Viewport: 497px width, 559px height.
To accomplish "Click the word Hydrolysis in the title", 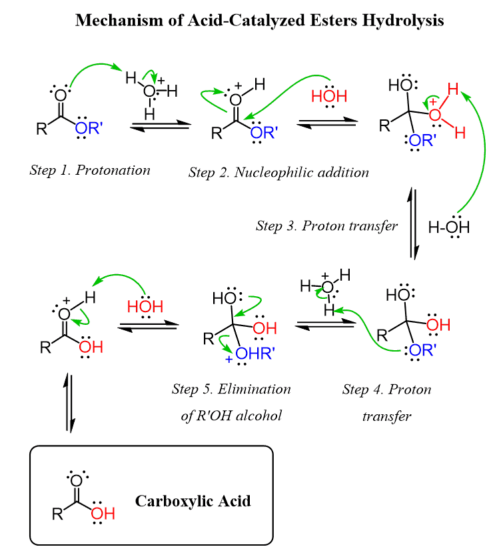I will pos(402,20).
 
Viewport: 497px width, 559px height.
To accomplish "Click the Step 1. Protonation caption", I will pos(90,169).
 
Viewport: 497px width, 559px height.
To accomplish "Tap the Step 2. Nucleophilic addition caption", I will pos(278,173).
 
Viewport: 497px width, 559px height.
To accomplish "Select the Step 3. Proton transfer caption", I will pos(326,225).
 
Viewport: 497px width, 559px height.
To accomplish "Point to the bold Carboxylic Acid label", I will pos(193,500).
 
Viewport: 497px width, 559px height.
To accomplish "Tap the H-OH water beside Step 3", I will pos(449,227).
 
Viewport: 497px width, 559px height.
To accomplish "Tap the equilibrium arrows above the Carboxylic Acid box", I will pos(70,404).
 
